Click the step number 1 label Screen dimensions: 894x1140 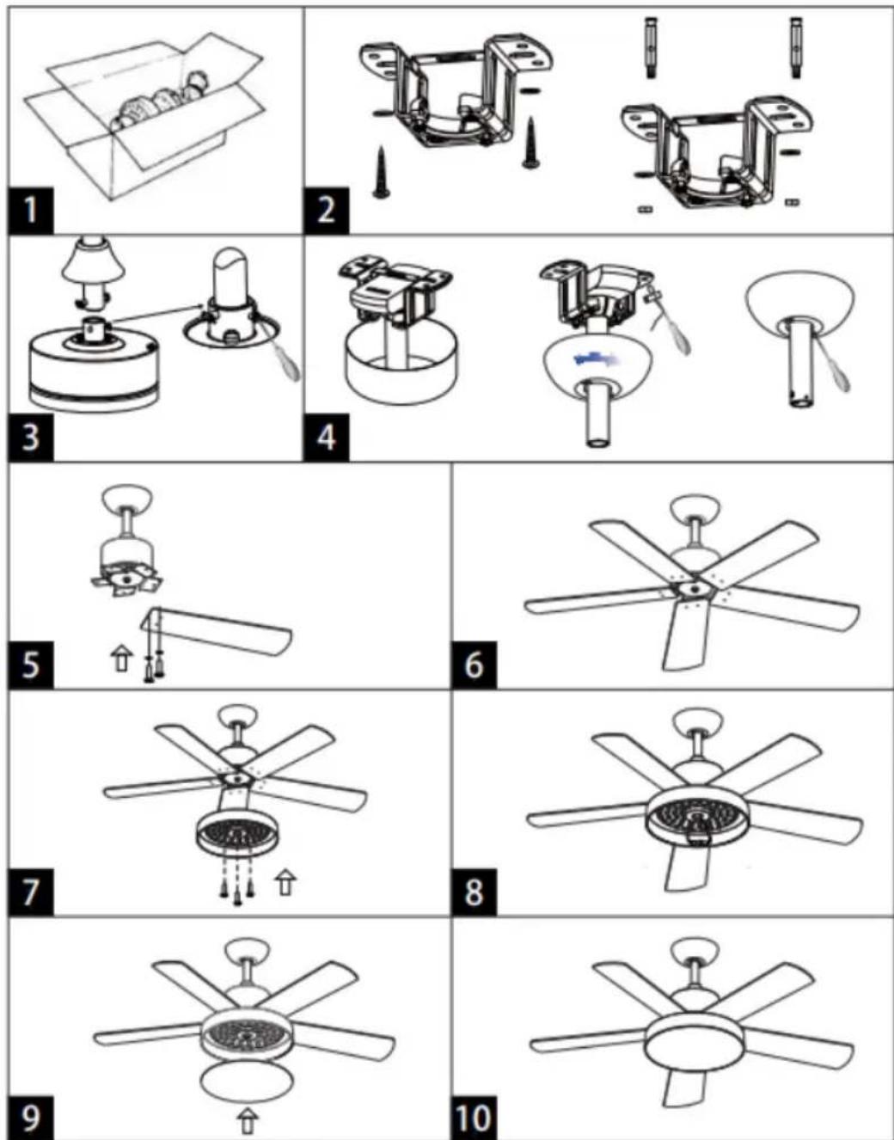point(30,211)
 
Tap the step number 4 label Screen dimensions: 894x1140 point(326,437)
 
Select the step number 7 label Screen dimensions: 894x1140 point(30,892)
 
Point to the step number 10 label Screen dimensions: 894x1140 point(474,1117)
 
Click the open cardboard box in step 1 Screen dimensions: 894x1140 point(143,115)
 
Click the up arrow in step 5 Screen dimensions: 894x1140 point(121,659)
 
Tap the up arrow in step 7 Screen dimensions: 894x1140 point(285,882)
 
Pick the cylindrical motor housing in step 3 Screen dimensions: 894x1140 point(93,368)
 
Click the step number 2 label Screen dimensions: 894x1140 point(326,211)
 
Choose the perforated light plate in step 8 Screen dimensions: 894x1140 point(698,820)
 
